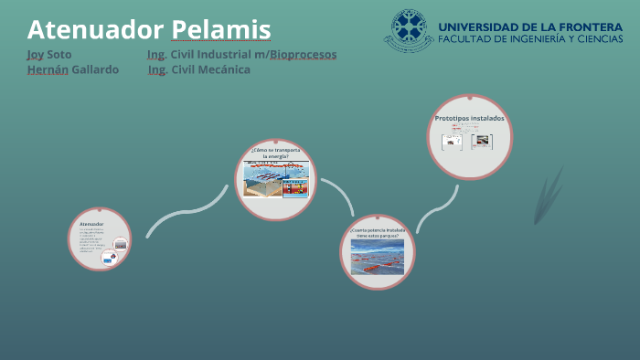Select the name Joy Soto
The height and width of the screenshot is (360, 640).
49,55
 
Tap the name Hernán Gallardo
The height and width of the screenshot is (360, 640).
73,70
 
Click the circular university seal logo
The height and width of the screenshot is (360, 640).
409,31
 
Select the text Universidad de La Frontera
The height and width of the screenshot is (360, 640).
530,26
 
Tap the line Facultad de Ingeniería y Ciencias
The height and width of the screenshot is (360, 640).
530,41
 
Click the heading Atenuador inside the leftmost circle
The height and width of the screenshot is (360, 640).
91,224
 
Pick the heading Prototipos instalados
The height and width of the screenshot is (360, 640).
469,118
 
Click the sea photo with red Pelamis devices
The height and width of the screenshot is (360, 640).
377,257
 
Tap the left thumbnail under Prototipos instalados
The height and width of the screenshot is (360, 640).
452,142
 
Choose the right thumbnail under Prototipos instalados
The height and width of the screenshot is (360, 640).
481,142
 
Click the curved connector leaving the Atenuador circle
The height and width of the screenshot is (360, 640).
183,216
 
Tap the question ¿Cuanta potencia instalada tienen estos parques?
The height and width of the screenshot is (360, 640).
377,232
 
